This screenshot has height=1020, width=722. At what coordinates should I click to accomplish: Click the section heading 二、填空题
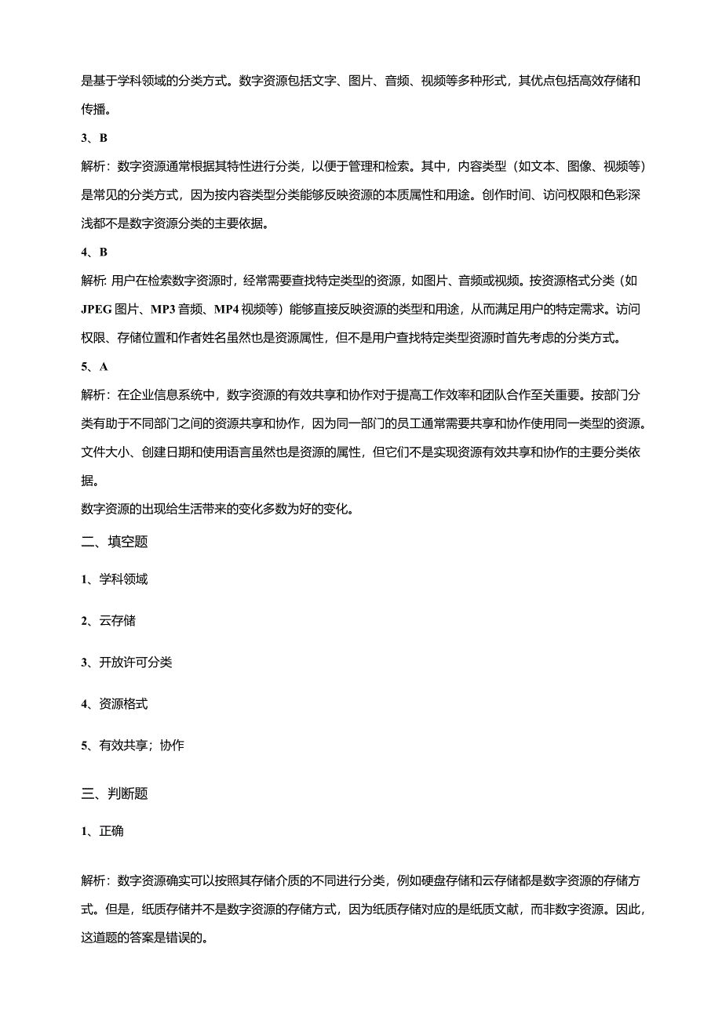click(x=115, y=542)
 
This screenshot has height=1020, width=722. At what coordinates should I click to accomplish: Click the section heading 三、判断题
click(x=115, y=793)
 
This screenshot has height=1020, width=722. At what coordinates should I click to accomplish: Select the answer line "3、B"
click(x=94, y=138)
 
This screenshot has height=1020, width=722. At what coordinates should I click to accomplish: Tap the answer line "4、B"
click(x=94, y=252)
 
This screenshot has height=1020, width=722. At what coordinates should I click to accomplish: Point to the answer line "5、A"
click(x=94, y=366)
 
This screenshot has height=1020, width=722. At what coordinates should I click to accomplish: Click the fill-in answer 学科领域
click(x=123, y=579)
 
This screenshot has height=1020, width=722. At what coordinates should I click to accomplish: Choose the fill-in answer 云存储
click(x=117, y=621)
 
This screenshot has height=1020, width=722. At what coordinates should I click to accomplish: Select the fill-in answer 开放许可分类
click(x=135, y=662)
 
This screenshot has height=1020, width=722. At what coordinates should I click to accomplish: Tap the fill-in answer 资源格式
click(x=123, y=704)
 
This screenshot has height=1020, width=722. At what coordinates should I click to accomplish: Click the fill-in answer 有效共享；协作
click(x=141, y=746)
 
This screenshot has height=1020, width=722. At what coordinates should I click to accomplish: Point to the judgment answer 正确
click(x=111, y=831)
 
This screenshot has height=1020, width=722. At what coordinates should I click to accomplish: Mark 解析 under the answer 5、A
click(x=94, y=394)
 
